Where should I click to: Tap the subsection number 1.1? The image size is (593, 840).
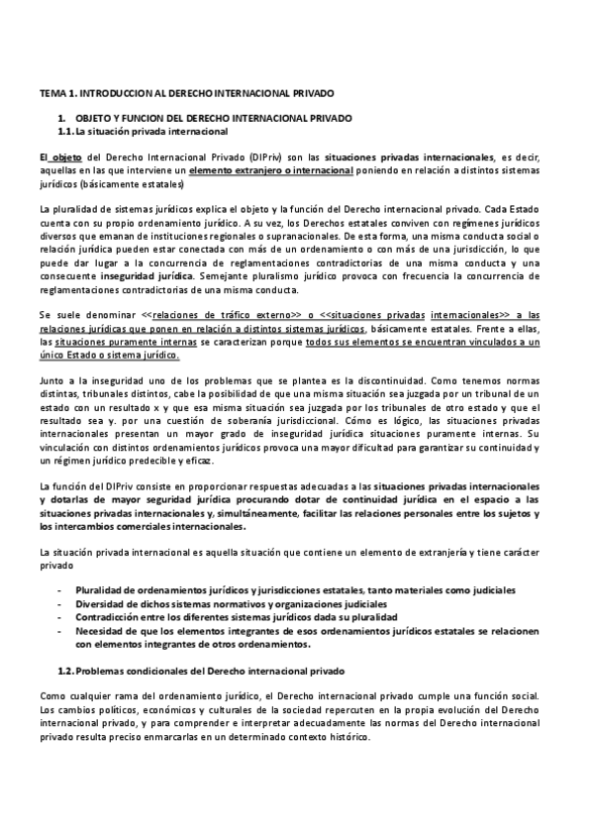(66, 131)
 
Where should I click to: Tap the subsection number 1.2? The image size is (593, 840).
(66, 672)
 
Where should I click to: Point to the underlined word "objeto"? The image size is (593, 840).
(67, 157)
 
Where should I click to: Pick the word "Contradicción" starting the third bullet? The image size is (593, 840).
(108, 617)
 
